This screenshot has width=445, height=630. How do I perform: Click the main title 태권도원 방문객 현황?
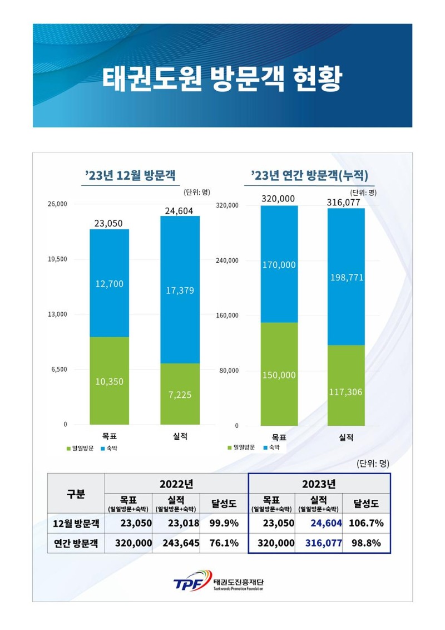click(x=222, y=79)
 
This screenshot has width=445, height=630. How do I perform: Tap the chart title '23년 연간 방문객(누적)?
click(x=309, y=176)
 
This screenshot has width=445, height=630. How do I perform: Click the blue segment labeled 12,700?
click(x=109, y=283)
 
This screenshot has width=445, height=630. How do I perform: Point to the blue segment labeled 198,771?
click(x=346, y=277)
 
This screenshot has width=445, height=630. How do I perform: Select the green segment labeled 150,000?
click(x=279, y=374)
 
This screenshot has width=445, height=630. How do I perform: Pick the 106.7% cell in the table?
click(x=366, y=524)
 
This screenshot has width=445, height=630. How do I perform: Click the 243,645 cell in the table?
click(x=175, y=543)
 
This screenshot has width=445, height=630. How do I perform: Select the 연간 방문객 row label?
click(x=75, y=543)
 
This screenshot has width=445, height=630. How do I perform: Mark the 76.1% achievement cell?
click(x=224, y=543)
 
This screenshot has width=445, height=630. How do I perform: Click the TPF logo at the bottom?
click(x=189, y=582)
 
